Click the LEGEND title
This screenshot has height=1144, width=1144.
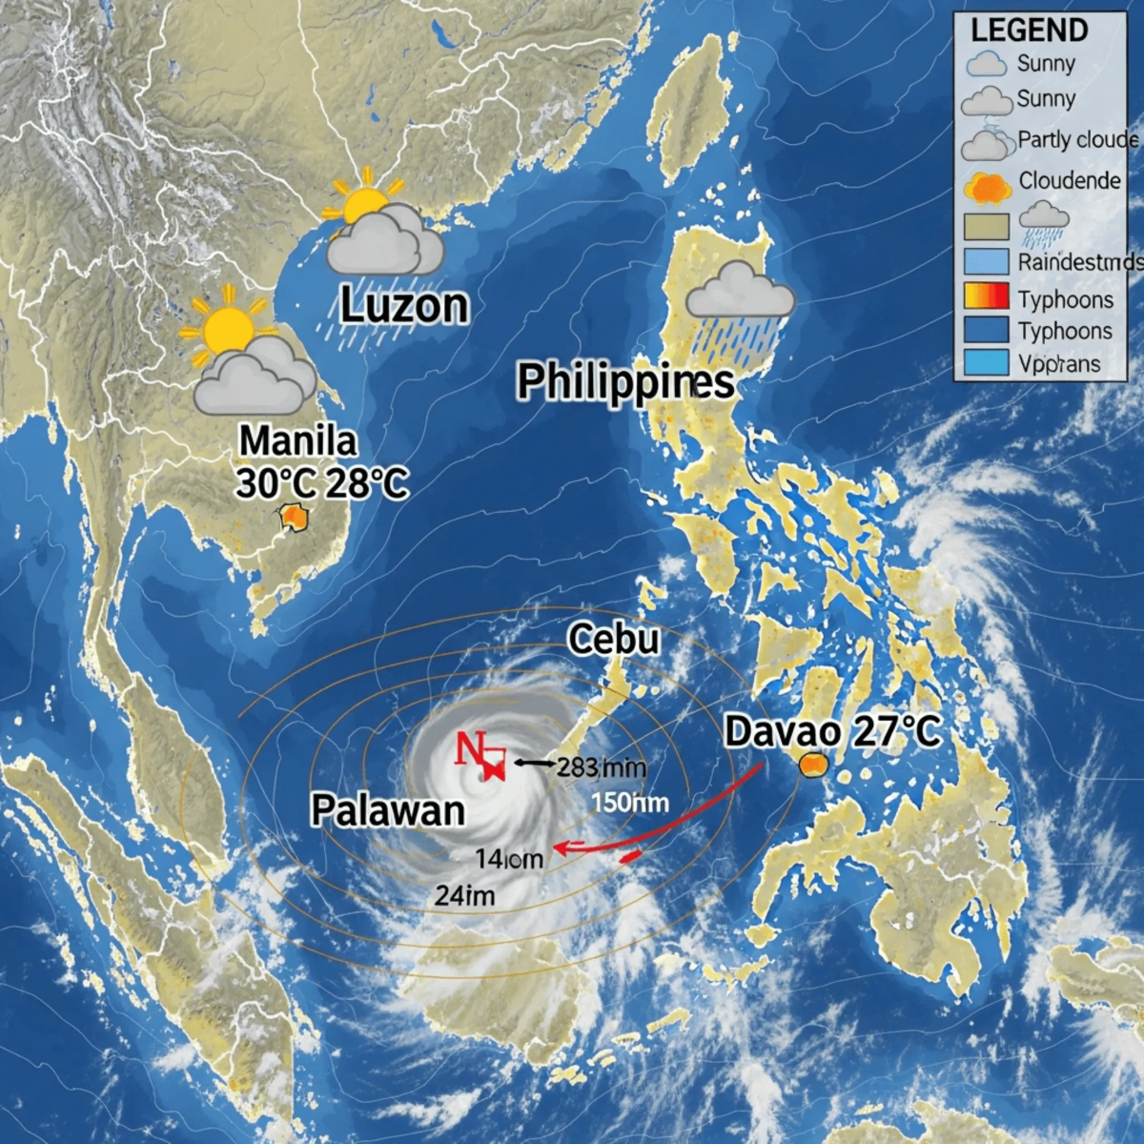pyautogui.click(x=1029, y=31)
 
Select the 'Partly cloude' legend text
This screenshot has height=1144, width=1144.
pyautogui.click(x=1077, y=140)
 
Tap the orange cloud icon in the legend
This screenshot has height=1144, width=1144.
pyautogui.click(x=988, y=187)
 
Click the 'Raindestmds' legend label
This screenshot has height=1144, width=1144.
pyautogui.click(x=1078, y=262)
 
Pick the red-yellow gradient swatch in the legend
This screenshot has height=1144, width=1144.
pyautogui.click(x=987, y=298)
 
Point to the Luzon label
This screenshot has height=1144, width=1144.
pyautogui.click(x=404, y=306)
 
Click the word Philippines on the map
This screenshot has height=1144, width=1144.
pyautogui.click(x=625, y=382)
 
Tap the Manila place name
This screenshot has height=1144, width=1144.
pyautogui.click(x=297, y=440)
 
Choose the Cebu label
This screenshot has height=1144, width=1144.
pyautogui.click(x=614, y=639)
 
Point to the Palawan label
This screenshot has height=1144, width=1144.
pyautogui.click(x=388, y=810)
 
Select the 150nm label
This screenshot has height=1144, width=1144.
pyautogui.click(x=629, y=803)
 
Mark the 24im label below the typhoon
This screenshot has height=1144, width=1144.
pyautogui.click(x=464, y=896)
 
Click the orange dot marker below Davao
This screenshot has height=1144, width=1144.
pyautogui.click(x=812, y=765)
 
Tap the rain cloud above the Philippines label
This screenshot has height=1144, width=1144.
pyautogui.click(x=740, y=290)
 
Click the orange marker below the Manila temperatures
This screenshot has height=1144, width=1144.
pyautogui.click(x=293, y=519)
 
